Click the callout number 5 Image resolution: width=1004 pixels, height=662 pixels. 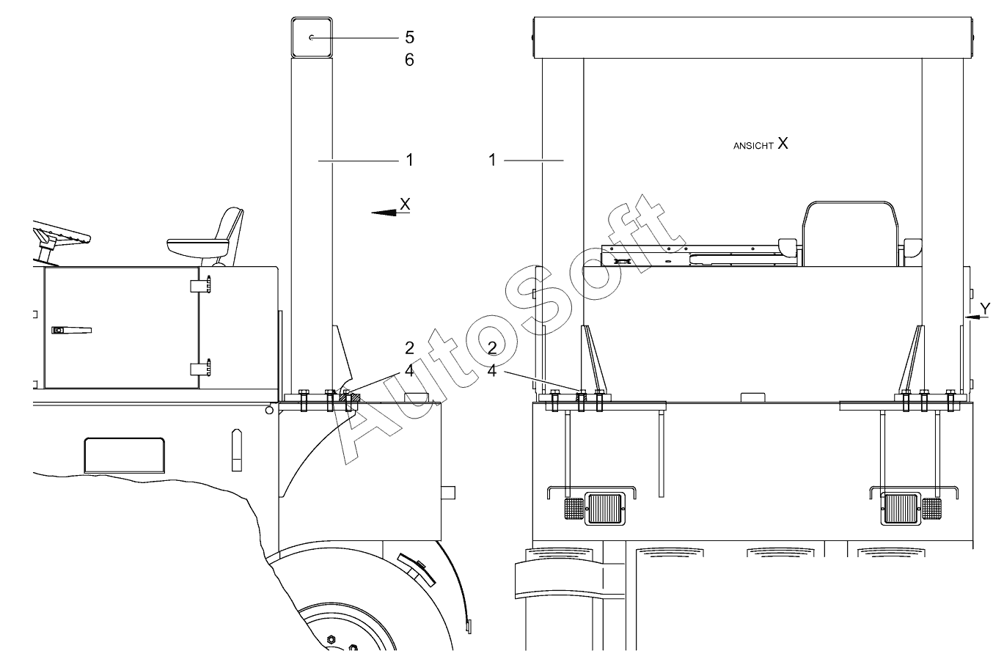[410, 37]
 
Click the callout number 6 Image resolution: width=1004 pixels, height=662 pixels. [410, 60]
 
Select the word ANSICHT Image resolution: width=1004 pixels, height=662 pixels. [753, 146]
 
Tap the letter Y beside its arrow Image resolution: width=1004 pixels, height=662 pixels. [985, 309]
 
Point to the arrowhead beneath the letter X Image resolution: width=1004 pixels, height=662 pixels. [384, 213]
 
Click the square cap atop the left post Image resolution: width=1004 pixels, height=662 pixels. [312, 37]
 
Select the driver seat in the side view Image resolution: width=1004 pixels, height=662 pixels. [206, 237]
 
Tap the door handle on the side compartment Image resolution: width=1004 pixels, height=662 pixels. [72, 331]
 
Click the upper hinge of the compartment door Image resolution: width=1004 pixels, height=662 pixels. [201, 285]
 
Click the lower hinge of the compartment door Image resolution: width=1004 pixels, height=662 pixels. [201, 368]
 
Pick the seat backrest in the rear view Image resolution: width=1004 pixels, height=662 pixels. [850, 234]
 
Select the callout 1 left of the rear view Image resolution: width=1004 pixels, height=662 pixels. [492, 161]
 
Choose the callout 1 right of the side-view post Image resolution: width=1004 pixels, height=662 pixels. [410, 161]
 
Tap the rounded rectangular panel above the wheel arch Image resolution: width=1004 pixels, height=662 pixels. [125, 455]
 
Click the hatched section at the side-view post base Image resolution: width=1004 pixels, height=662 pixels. [351, 398]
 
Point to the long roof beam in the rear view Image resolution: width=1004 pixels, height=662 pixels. [753, 37]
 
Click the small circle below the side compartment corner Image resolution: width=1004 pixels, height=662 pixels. [269, 411]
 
